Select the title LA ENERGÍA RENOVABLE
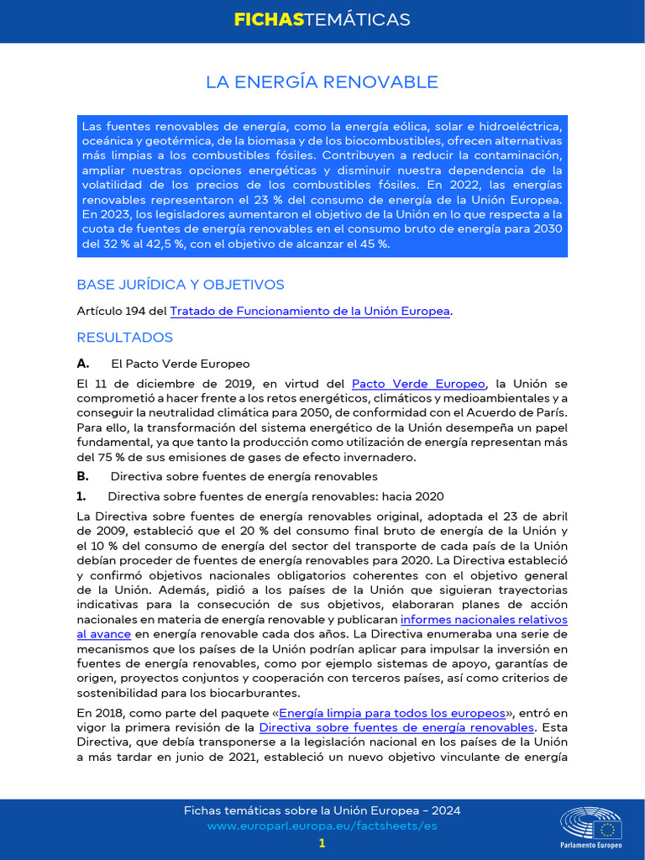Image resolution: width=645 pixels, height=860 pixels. point(322,81)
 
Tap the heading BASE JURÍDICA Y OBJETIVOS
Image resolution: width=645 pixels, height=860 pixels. point(181,285)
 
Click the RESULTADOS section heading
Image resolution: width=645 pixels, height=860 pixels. point(124,338)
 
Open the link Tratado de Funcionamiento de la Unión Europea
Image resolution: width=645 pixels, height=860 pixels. point(310,312)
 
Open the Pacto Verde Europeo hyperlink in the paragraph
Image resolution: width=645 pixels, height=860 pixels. point(418,384)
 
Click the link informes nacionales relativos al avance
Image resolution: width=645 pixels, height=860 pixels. point(484,620)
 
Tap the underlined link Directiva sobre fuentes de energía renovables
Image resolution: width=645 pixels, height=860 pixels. point(396,727)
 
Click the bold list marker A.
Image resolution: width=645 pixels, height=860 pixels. point(82,364)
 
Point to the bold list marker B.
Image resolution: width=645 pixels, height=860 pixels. point(82,476)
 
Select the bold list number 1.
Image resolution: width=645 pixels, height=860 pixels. point(81,496)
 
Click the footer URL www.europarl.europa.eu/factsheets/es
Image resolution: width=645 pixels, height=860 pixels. point(322,826)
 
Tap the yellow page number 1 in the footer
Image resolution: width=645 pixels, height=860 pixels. point(322,843)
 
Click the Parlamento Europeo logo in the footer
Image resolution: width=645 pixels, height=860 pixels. point(592,826)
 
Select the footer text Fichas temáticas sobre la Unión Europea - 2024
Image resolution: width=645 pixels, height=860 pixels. point(322,810)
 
